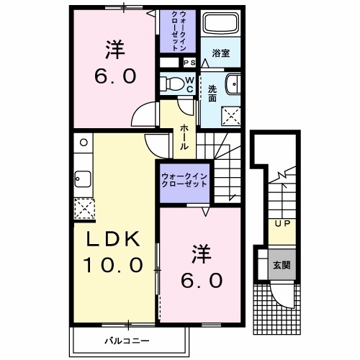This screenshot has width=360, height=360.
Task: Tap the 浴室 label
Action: (220, 53)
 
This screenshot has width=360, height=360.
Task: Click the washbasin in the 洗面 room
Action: (233, 84)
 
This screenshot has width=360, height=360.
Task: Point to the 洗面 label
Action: (213, 92)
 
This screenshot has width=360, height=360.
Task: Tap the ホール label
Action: (184, 135)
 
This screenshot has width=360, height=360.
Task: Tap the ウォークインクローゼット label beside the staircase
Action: (184, 179)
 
